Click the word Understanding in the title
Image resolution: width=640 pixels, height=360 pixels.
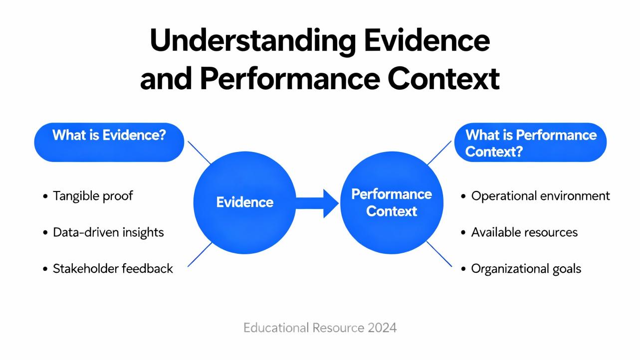(x=252, y=42)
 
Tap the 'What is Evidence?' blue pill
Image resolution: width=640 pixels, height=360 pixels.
(x=109, y=142)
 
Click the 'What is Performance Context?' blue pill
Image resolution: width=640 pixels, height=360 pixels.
(x=530, y=142)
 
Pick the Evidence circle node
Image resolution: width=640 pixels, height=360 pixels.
(x=244, y=202)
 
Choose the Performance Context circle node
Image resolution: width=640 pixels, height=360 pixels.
(x=392, y=202)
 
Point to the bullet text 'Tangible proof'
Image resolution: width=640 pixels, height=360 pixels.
(x=93, y=195)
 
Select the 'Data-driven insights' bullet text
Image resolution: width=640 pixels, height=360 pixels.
(x=108, y=232)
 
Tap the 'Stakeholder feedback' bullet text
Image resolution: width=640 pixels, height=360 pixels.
(x=113, y=268)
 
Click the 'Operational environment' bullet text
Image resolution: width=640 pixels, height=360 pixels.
(x=540, y=195)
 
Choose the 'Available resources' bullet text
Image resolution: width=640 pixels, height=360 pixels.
(x=524, y=232)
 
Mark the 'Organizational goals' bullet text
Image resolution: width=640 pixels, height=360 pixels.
(x=526, y=268)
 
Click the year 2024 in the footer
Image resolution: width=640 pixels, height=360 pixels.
(x=382, y=328)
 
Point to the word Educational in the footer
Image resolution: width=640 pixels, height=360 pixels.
(x=276, y=328)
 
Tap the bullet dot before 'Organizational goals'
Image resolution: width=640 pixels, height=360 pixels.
(x=464, y=269)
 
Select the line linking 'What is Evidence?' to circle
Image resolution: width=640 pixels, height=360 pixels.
(x=199, y=153)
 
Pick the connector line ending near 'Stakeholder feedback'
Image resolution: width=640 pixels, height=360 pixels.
(x=200, y=254)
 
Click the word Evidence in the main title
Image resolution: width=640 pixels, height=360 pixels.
(x=427, y=42)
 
